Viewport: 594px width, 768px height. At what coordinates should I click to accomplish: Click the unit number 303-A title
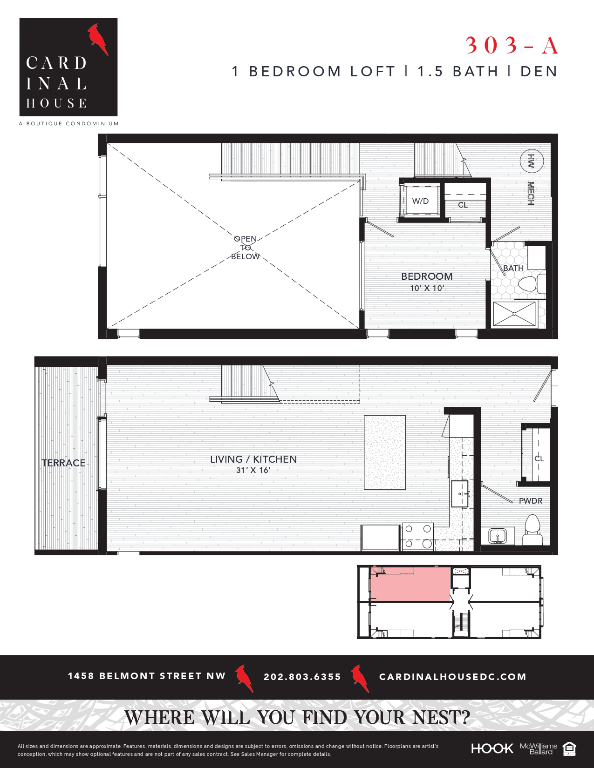(x=512, y=45)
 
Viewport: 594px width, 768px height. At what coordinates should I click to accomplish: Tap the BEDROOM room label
(x=427, y=276)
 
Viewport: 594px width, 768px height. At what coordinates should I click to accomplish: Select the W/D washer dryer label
(x=420, y=201)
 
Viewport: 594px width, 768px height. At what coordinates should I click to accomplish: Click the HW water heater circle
(x=531, y=162)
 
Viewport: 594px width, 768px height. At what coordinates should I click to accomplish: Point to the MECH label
(x=530, y=193)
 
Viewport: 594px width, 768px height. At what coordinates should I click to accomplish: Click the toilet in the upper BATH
(x=531, y=283)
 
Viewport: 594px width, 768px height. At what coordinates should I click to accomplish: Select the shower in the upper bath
(x=514, y=314)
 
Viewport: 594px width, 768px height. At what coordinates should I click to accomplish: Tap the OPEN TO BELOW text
(x=246, y=248)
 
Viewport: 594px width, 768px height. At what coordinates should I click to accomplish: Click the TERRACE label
(x=63, y=463)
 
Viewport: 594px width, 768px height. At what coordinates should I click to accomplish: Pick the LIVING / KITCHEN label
(x=253, y=459)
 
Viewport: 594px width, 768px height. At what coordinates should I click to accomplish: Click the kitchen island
(x=385, y=452)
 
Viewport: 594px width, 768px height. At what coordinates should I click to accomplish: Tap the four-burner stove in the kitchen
(x=418, y=536)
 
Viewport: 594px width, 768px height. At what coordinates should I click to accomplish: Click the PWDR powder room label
(x=531, y=501)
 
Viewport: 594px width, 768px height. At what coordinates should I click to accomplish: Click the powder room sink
(x=498, y=536)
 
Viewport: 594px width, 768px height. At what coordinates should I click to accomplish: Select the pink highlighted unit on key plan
(x=410, y=584)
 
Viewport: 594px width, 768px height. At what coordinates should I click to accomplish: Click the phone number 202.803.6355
(x=302, y=677)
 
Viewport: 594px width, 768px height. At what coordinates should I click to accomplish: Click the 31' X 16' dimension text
(x=253, y=470)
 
